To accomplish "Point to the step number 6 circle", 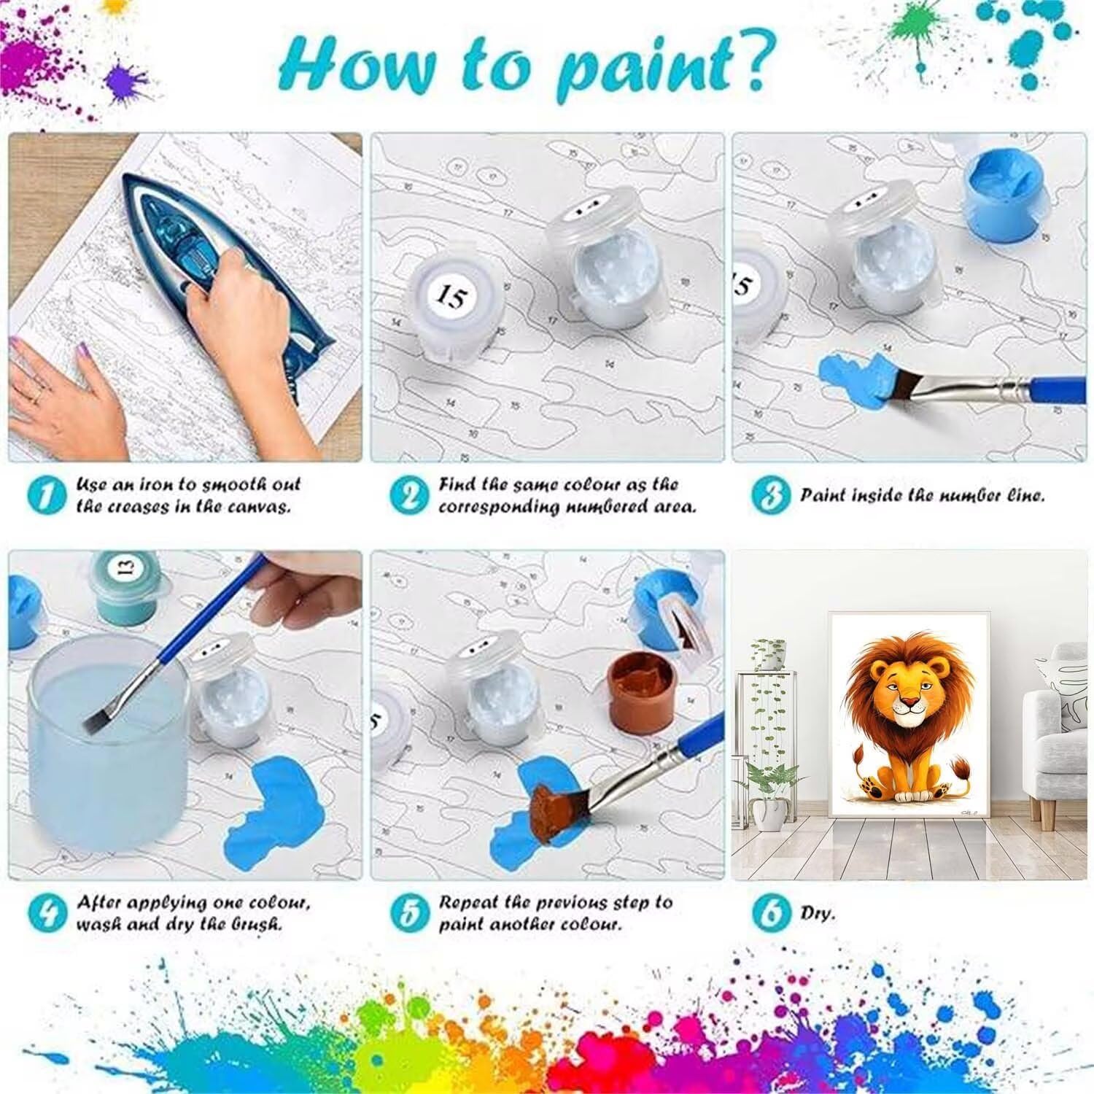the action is tap(770, 912).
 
